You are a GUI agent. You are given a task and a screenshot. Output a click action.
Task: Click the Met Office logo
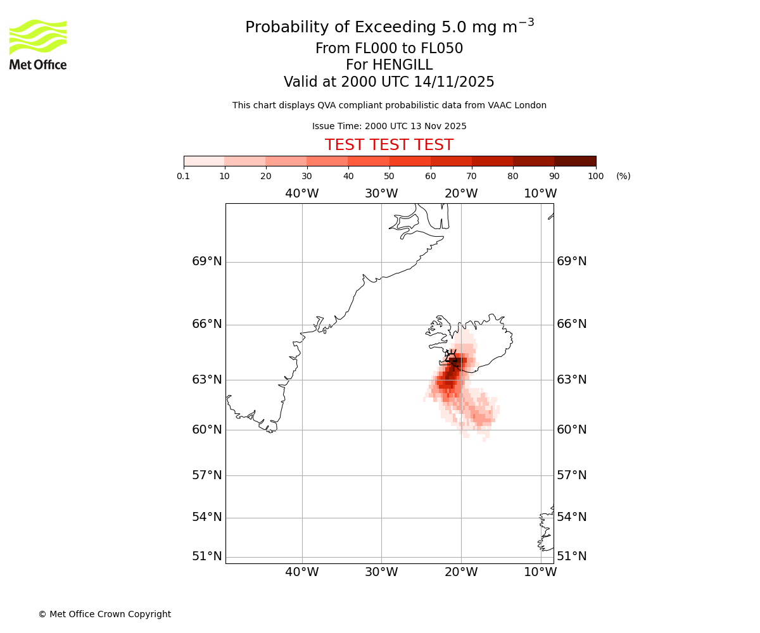38,45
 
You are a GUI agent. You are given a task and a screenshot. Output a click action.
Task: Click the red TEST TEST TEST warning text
389,145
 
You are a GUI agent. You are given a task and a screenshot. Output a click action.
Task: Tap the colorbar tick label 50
389,176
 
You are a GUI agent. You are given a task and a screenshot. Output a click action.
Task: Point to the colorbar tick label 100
595,176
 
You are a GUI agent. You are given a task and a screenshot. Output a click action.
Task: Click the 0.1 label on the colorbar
184,176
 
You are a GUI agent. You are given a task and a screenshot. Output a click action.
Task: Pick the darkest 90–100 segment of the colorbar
575,161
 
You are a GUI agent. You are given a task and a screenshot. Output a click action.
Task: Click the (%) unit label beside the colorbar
623,176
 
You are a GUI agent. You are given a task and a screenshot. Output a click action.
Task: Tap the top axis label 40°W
301,194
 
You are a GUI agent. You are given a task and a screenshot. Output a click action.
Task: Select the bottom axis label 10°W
540,572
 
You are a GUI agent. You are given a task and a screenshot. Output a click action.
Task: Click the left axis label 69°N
207,261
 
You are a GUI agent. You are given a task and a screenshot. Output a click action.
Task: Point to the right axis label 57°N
571,475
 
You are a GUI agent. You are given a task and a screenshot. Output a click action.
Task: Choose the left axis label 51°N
207,556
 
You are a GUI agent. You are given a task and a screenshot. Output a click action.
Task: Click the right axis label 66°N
571,324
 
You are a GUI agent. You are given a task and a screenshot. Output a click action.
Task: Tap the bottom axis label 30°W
381,572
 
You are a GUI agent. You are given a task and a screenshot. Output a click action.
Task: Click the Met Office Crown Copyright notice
104,614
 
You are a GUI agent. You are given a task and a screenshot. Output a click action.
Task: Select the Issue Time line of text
389,126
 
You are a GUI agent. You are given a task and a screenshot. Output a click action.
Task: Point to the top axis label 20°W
461,194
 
